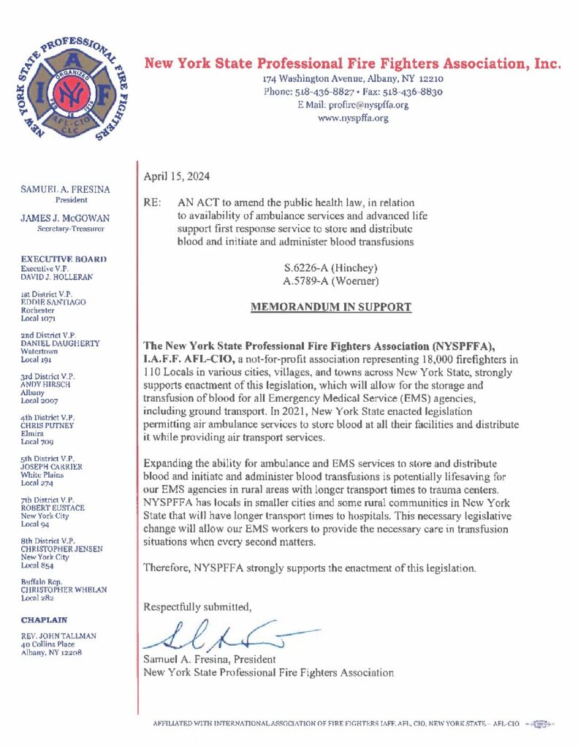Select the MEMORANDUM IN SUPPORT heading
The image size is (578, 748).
point(331,308)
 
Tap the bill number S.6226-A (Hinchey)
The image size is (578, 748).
point(331,267)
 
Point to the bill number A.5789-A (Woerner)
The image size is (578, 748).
point(331,280)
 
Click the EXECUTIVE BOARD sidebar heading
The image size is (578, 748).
point(64,259)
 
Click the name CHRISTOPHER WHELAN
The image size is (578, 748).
point(64,589)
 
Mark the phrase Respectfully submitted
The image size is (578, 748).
point(198,607)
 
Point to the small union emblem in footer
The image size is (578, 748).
point(540,723)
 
